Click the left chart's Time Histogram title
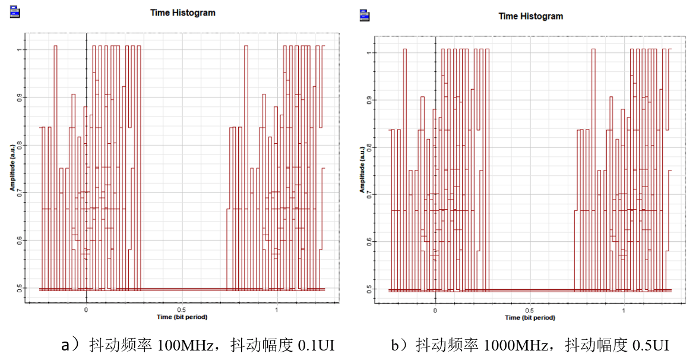point(182,12)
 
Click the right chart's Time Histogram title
point(531,16)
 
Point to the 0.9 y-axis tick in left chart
point(20,97)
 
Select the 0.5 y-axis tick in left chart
point(20,288)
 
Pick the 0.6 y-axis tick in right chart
point(369,241)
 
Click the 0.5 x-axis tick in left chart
point(181,310)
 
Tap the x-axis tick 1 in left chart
point(277,310)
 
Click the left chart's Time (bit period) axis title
point(182,317)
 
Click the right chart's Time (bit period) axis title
point(530,318)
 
